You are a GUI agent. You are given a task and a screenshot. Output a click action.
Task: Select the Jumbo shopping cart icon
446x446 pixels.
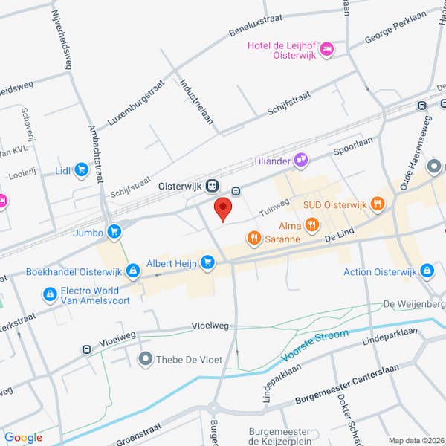[114, 232]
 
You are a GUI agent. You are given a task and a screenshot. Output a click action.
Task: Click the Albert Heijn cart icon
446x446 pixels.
[207, 261]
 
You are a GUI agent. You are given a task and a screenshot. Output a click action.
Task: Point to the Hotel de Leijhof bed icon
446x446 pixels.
[326, 49]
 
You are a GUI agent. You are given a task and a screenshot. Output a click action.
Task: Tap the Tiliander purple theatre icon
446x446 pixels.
[301, 158]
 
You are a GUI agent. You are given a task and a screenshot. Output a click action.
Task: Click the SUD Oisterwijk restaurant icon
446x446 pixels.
[378, 203]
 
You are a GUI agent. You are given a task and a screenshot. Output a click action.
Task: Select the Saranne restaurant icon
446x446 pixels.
[253, 239]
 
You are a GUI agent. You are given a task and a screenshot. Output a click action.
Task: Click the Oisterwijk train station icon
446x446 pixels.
[213, 186]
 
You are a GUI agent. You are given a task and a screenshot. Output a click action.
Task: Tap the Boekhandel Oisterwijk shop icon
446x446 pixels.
[132, 271]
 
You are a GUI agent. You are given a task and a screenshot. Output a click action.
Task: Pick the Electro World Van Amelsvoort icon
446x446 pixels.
[50, 294]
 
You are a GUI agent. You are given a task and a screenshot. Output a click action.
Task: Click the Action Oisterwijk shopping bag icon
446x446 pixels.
[427, 271]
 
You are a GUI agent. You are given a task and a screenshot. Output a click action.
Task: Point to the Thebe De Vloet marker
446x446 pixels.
[145, 359]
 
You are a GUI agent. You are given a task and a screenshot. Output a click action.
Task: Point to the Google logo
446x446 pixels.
[23, 437]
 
